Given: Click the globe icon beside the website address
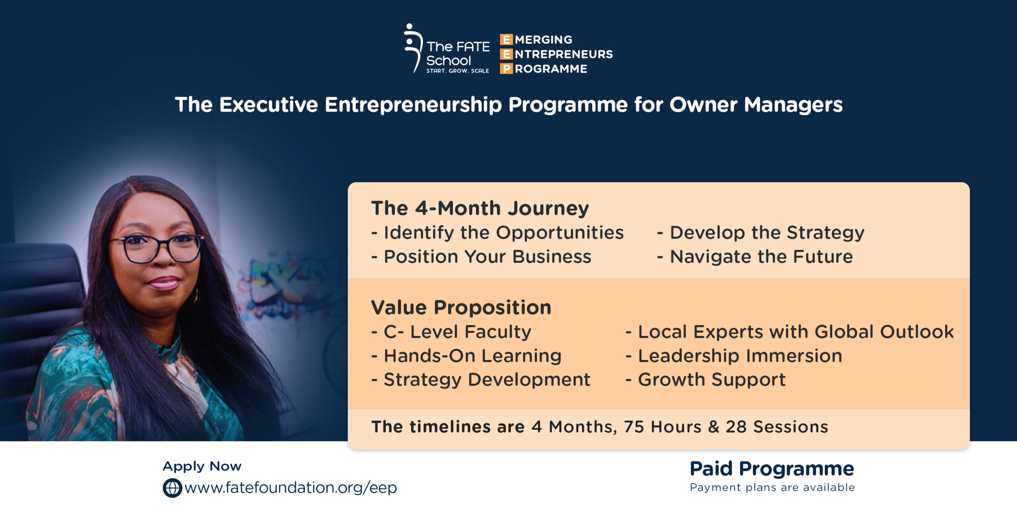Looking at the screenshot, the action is [172, 488].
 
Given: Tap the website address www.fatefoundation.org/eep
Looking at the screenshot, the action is [291, 488].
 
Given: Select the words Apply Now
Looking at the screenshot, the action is [202, 466].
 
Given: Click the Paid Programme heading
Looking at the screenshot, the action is [772, 469].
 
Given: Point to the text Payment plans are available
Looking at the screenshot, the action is [772, 487].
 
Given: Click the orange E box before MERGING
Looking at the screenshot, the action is [506, 40].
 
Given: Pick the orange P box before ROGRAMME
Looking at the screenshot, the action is [506, 69].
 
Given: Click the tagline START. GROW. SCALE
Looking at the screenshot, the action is [458, 71].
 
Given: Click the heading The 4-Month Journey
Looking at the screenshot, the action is [480, 208].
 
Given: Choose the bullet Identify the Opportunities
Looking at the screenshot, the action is [498, 233].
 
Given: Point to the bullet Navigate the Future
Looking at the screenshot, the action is [755, 256].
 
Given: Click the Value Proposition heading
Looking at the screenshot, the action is [461, 308].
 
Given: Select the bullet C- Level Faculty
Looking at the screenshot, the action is [451, 332].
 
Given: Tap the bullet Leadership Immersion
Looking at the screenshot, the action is [734, 356].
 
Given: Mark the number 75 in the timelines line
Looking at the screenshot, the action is [634, 427].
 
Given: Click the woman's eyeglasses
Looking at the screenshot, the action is [157, 248].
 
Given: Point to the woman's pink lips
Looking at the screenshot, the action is [164, 283].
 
